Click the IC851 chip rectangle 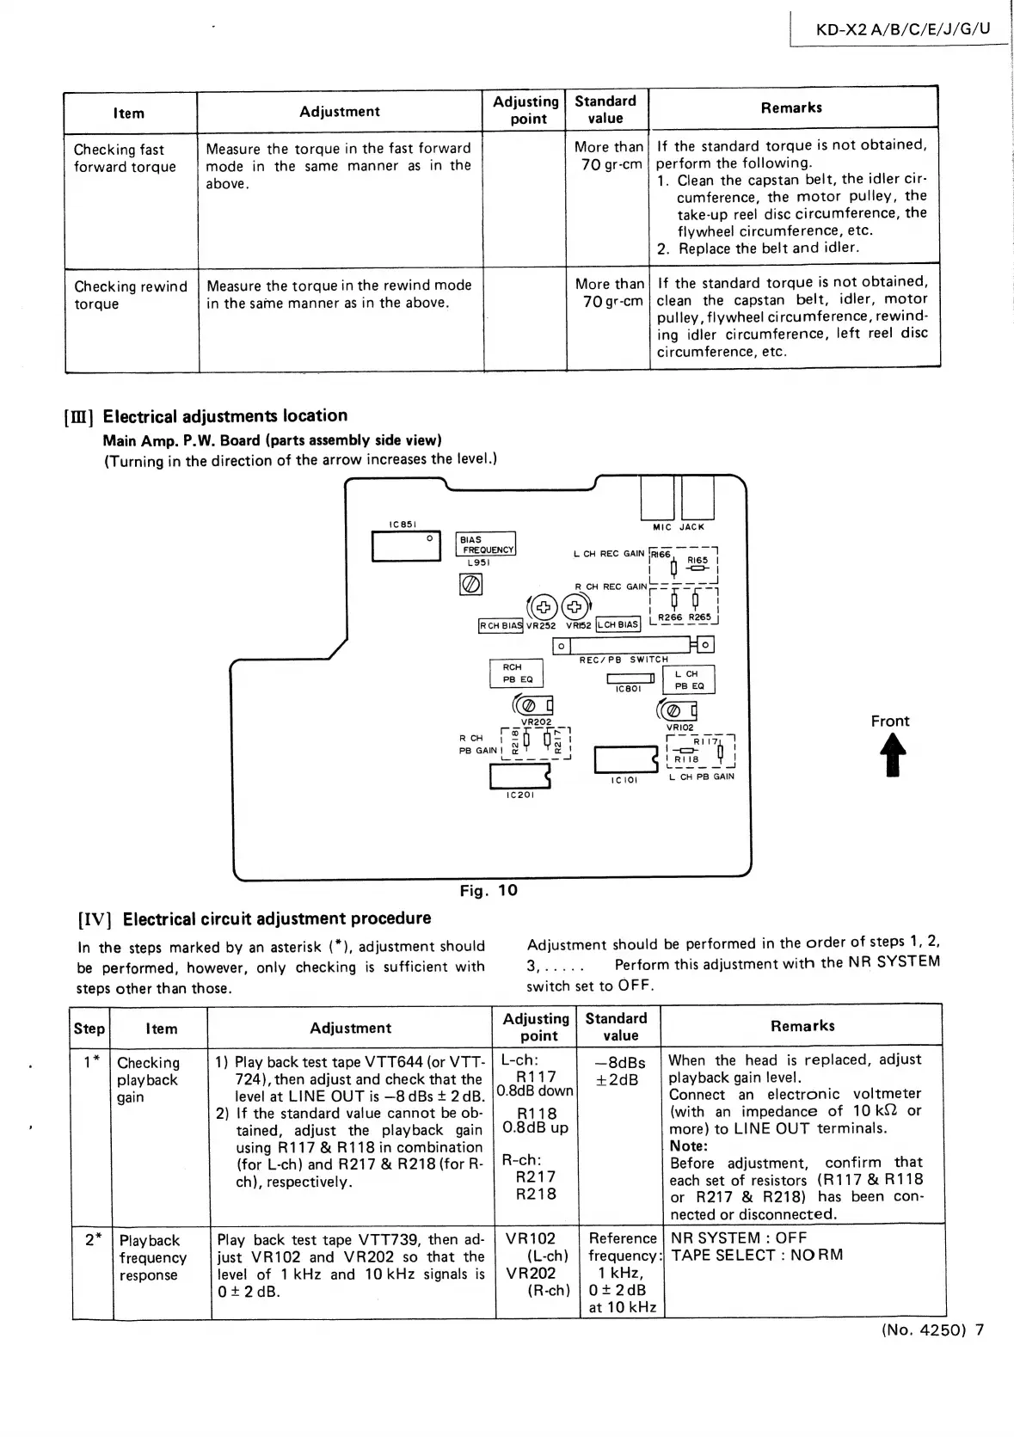406,546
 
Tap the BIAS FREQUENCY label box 486,544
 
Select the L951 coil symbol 470,585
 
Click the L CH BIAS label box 618,624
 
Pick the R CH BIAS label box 501,626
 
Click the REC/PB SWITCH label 624,660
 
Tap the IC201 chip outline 519,776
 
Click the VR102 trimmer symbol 676,710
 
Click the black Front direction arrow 890,758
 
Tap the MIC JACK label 679,526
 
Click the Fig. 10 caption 489,890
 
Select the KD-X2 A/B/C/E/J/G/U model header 903,28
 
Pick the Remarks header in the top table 791,107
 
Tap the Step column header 89,1029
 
